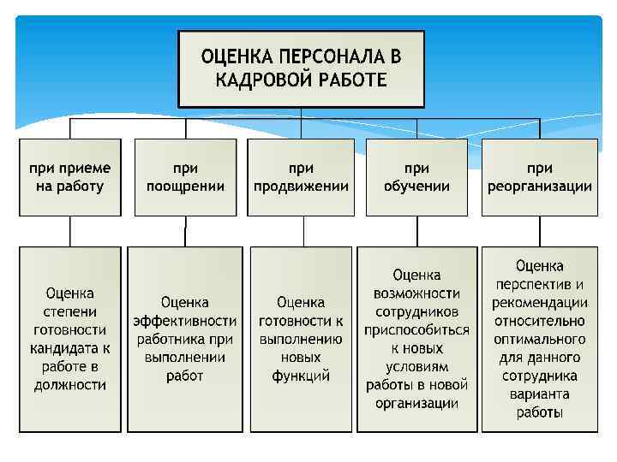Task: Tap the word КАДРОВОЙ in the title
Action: click(256, 80)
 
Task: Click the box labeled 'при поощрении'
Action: click(185, 177)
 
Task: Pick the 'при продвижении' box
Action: click(301, 177)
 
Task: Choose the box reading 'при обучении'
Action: click(417, 177)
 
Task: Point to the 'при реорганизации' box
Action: click(540, 177)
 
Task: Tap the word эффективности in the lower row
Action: click(185, 321)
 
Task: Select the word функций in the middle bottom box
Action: click(301, 376)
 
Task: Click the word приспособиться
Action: click(417, 330)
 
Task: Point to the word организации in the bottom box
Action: click(417, 404)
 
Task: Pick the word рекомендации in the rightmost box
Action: click(540, 303)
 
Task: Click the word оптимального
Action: click(540, 340)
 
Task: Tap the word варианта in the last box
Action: click(540, 394)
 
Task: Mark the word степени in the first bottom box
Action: click(70, 311)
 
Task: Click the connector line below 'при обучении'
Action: click(417, 231)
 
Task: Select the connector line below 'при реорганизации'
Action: click(540, 231)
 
